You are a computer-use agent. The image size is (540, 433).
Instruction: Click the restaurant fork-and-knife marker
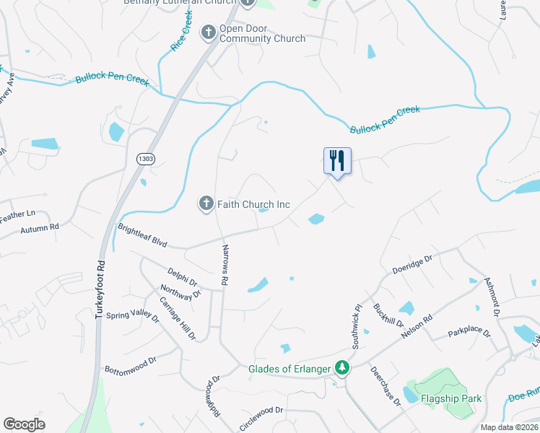(336, 161)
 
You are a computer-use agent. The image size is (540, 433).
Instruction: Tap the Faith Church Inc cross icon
(206, 204)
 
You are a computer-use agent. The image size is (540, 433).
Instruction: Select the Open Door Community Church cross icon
(209, 31)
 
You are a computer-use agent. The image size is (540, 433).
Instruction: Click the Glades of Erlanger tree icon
(342, 368)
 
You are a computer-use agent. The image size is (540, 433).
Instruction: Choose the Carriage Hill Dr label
(178, 318)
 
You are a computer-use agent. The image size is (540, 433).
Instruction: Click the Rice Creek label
(181, 35)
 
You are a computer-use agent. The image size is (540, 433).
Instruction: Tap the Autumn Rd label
(40, 227)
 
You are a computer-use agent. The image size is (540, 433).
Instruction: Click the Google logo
(24, 424)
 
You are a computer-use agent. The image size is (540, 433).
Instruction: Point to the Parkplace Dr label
(469, 334)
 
